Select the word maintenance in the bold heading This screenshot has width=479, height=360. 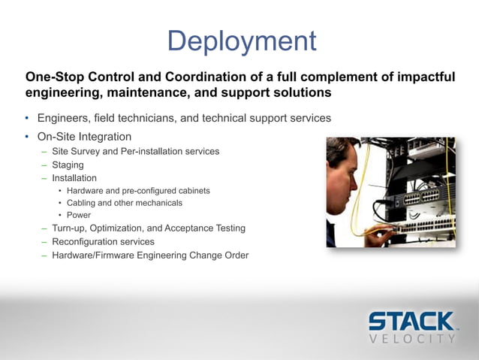131,93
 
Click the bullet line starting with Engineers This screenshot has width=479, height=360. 183,119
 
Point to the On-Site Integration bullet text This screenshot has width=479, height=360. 84,137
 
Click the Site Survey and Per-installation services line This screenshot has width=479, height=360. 135,151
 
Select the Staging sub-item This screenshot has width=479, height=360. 68,165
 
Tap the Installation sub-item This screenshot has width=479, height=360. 74,178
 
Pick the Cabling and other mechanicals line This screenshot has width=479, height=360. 124,203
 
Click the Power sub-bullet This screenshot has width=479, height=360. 79,215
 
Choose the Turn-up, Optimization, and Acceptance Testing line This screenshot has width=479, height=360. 148,228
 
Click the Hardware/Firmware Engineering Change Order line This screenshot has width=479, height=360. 150,256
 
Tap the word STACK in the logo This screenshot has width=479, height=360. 411,321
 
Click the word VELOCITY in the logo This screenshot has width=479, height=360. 412,339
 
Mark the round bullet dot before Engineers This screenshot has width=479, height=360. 28,119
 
